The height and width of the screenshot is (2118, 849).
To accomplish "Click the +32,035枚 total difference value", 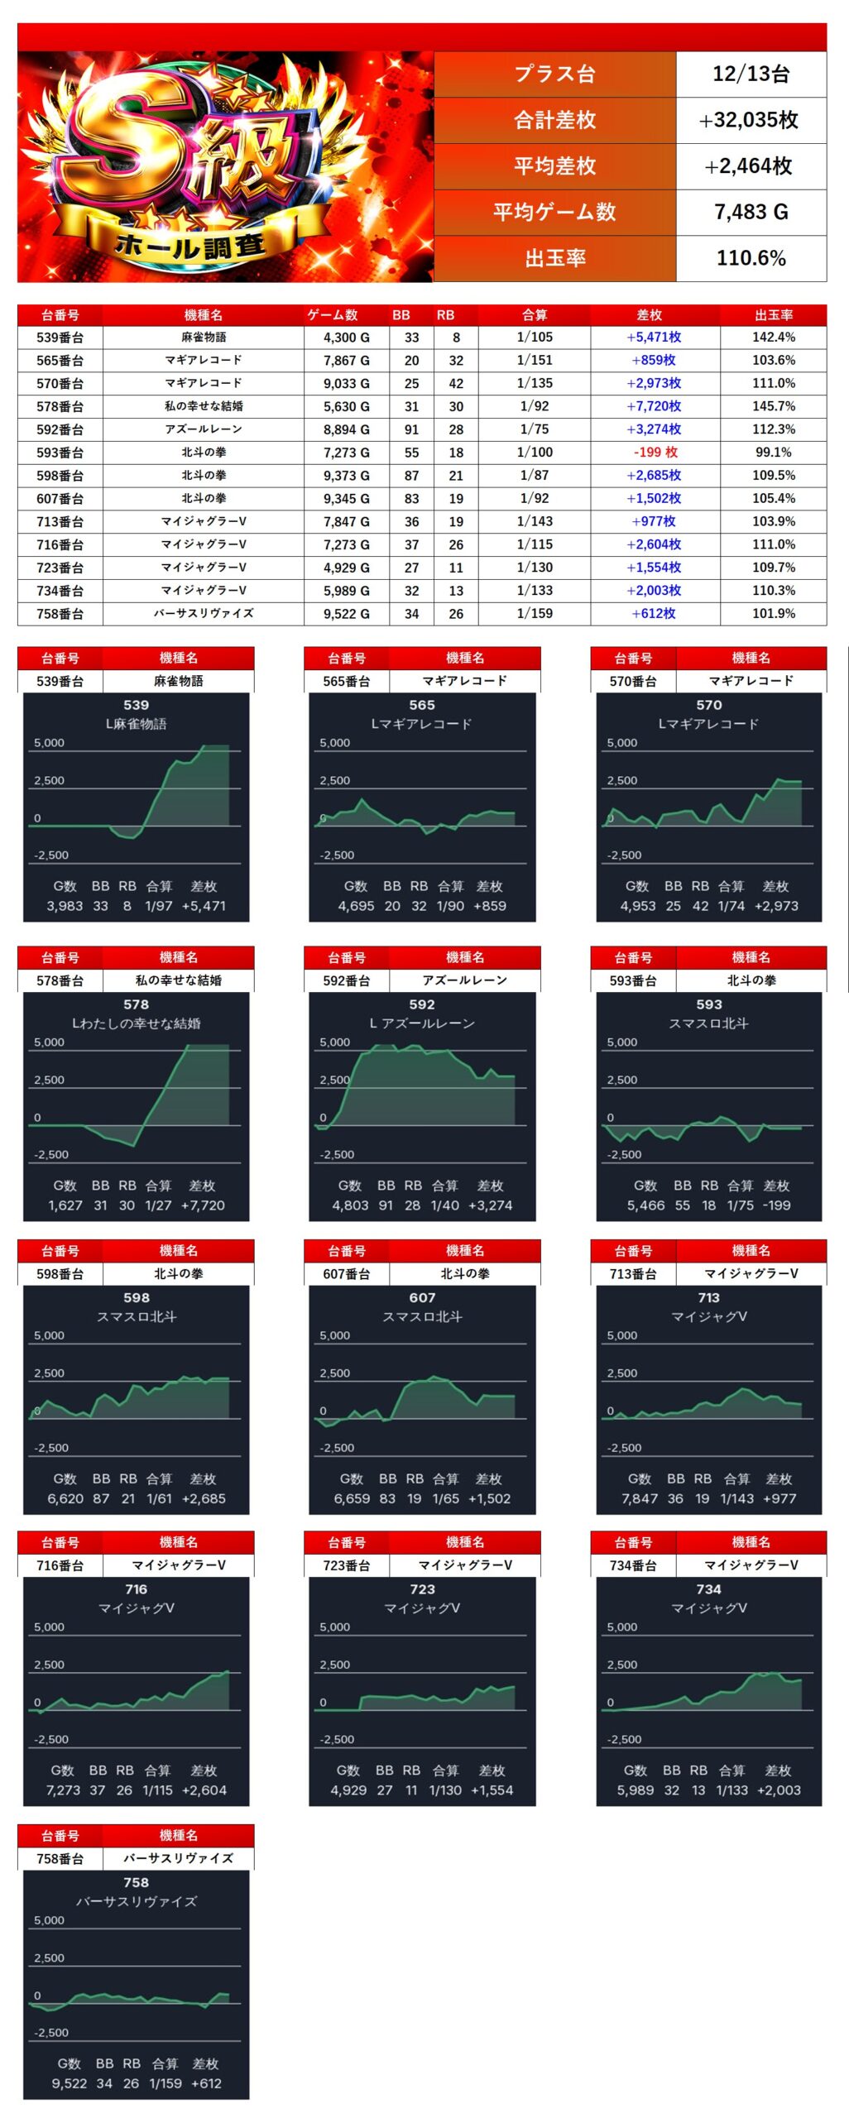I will [x=751, y=120].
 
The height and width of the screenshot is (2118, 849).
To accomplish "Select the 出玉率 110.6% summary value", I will [x=751, y=258].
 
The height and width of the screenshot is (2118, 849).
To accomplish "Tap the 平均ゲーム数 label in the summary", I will [x=554, y=213].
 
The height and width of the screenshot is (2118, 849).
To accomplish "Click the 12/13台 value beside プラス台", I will [x=751, y=74].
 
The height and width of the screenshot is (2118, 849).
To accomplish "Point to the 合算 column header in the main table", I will [x=535, y=315].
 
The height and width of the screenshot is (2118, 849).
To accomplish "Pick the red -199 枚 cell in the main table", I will [x=655, y=453].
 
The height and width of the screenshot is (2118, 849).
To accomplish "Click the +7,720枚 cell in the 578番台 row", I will [x=654, y=406].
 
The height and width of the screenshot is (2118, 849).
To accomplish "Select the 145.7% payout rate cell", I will [x=774, y=406].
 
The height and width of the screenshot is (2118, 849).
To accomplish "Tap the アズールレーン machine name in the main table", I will [x=204, y=429].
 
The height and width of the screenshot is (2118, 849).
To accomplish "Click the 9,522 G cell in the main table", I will [x=347, y=614].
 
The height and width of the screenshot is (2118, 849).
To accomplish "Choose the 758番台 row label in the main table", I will [x=60, y=614].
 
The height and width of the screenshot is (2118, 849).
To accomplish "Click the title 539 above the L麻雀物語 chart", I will [x=136, y=705].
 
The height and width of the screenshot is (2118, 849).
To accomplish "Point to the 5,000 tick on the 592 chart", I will [x=335, y=1042].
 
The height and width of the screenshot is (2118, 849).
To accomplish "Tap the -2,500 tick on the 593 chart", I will [x=624, y=1154].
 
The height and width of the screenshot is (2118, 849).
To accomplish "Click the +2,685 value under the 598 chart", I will [x=204, y=1498].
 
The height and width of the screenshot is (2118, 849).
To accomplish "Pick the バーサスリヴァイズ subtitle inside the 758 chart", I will [x=136, y=1901].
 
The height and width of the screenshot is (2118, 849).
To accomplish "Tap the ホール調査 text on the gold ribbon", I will [x=190, y=245].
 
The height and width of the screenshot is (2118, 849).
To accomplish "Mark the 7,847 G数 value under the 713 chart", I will [x=640, y=1498].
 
